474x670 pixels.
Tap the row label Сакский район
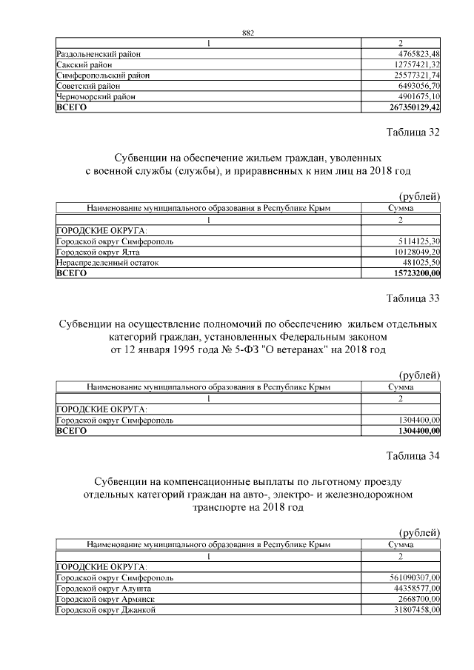[83, 64]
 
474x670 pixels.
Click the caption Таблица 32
[413, 133]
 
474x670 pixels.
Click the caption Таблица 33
[413, 299]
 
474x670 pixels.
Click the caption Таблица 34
[413, 456]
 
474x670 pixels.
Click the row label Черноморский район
[96, 96]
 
